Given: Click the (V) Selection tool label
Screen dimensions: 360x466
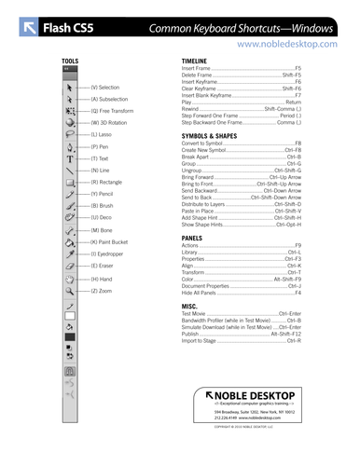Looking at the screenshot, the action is [111, 87].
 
